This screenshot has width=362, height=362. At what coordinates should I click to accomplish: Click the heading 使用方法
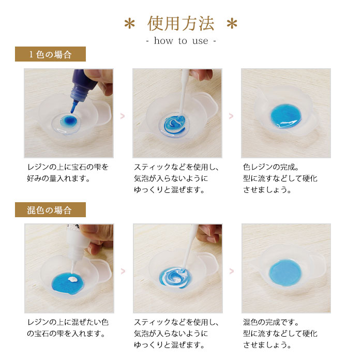[x=181, y=23]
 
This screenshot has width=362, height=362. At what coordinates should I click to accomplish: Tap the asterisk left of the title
[x=129, y=24]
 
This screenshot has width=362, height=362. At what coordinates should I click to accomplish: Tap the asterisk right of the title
[x=232, y=24]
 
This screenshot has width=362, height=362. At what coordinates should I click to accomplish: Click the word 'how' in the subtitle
[x=163, y=41]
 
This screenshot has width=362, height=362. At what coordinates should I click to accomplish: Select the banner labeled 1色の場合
[x=50, y=54]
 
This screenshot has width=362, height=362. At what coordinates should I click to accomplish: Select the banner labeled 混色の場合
[x=50, y=209]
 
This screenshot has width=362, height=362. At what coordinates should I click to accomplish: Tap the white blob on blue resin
[x=73, y=279]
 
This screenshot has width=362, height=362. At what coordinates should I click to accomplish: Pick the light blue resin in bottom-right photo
[x=285, y=273]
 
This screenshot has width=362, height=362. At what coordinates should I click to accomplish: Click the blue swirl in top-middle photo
[x=175, y=124]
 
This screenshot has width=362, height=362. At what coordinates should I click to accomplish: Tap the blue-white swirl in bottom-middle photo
[x=176, y=278]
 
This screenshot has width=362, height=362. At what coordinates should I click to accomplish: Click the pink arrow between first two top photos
[x=123, y=116]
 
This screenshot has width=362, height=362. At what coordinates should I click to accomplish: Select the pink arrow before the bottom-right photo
[x=231, y=271]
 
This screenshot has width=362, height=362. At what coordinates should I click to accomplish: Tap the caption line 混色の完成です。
[x=271, y=322]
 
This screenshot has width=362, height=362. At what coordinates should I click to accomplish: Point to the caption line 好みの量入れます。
[x=58, y=178]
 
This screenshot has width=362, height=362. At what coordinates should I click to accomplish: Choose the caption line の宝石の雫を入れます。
[x=66, y=334]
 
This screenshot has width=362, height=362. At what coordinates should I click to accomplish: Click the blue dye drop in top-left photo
[x=68, y=120]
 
